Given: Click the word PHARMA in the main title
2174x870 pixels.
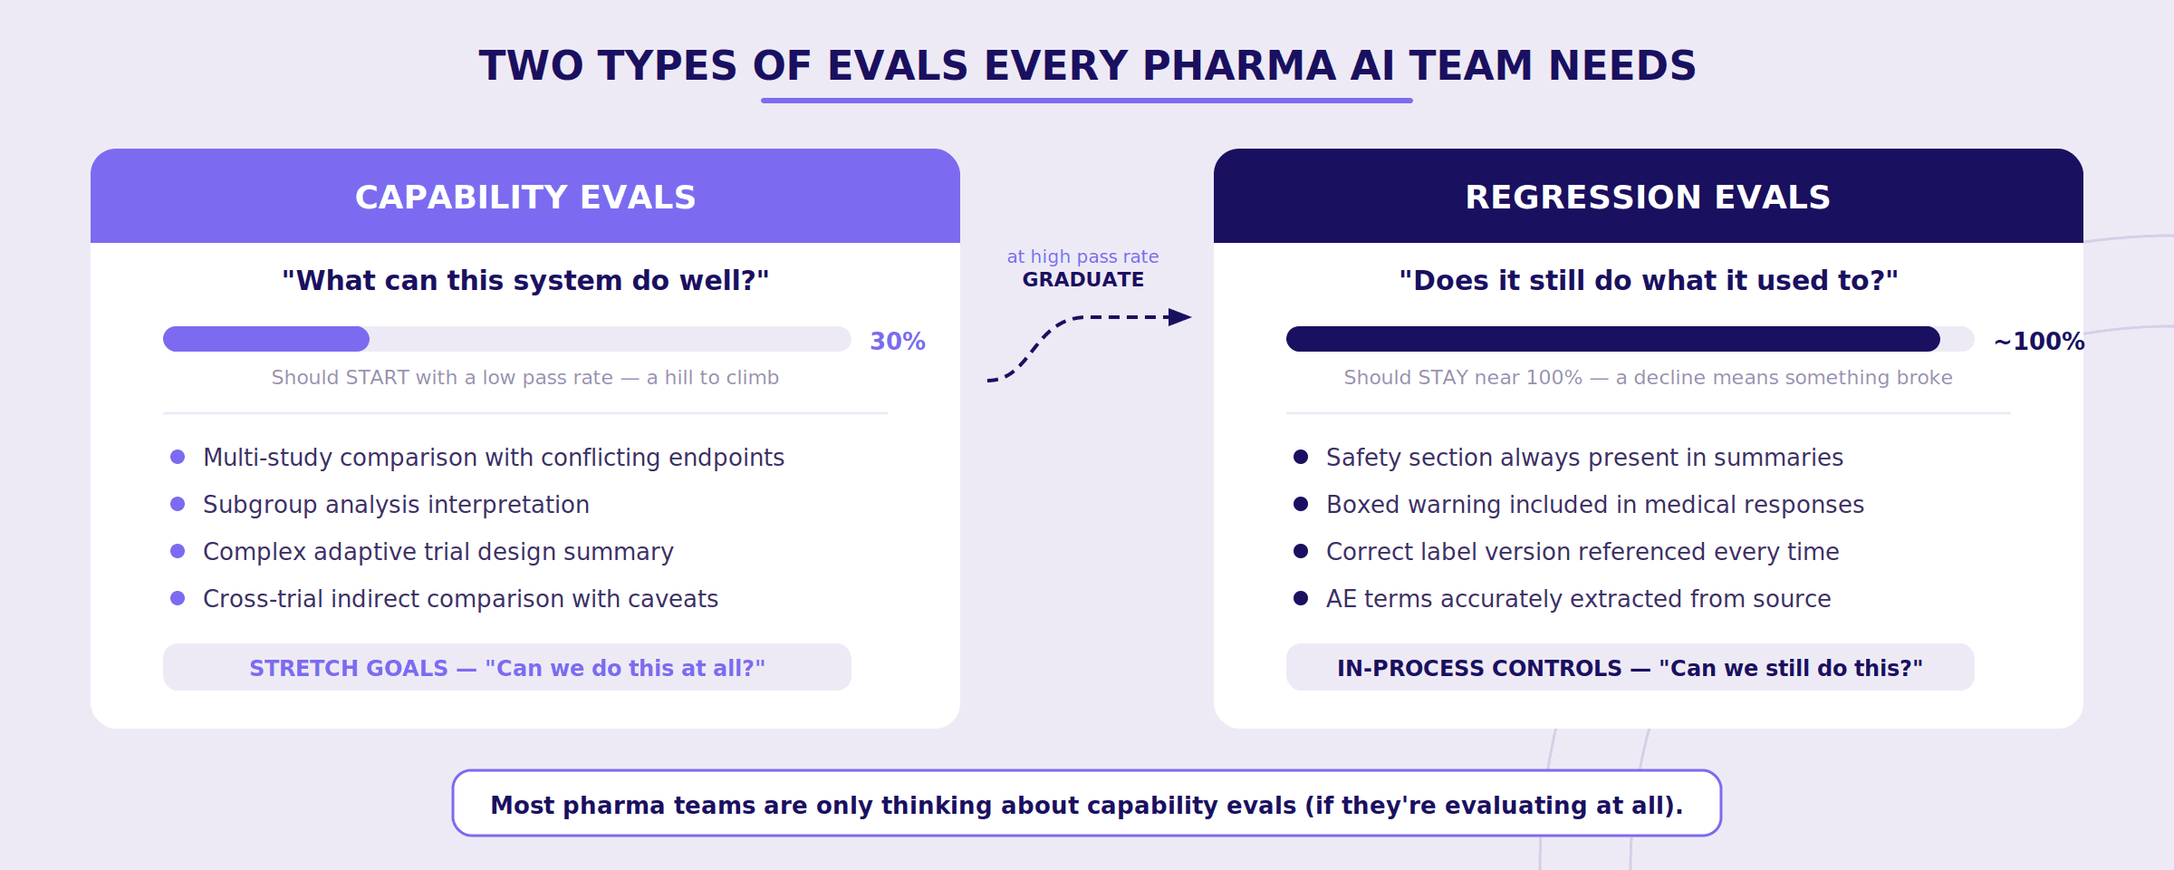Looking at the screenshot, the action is (1239, 66).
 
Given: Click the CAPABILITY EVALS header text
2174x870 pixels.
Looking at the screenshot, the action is (525, 198).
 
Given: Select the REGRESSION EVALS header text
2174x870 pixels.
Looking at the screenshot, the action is (1648, 198).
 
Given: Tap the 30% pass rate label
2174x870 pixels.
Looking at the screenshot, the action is (897, 342).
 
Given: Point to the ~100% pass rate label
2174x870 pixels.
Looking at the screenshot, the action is (2038, 342).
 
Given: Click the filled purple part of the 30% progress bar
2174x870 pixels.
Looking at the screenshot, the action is (266, 339).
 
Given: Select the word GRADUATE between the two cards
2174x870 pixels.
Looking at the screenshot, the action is (1082, 280).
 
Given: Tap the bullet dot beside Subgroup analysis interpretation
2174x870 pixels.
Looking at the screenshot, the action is (178, 504).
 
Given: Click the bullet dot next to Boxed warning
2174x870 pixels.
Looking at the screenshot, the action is (1301, 504).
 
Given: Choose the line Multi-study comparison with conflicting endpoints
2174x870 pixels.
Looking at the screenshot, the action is (494, 458).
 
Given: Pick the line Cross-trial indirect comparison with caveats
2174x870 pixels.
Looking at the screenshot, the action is (460, 599).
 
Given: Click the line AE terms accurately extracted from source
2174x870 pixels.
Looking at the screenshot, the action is (1578, 599).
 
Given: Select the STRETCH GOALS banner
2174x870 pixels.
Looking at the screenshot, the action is (507, 668).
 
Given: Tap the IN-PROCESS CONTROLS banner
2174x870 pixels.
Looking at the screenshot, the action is (1630, 668).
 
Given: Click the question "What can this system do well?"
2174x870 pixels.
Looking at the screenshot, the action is (525, 281).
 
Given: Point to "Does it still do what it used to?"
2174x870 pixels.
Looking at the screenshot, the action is (1648, 281).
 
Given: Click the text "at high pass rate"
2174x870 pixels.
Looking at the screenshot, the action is (1082, 257).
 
